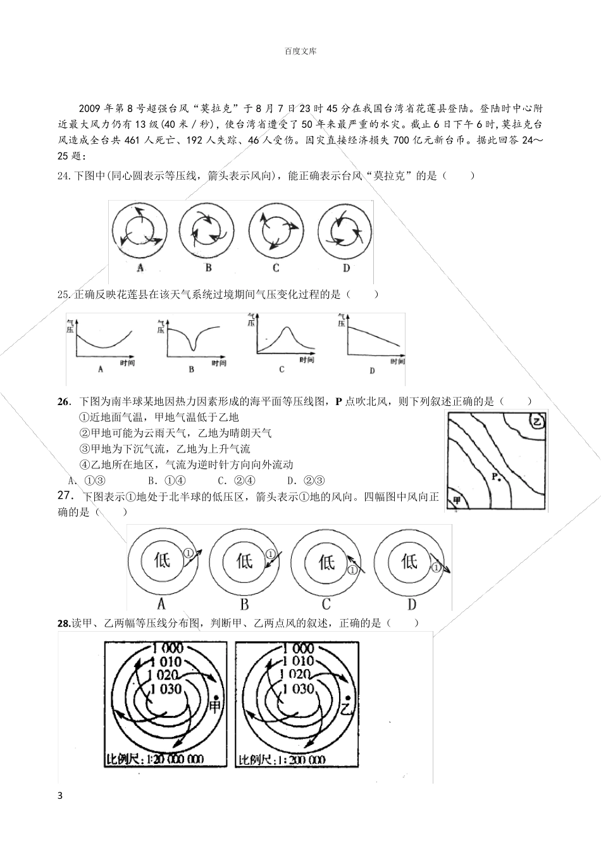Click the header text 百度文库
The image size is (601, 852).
(x=300, y=51)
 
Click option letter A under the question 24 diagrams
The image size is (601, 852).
(x=140, y=268)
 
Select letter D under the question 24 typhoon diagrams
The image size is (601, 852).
(x=346, y=268)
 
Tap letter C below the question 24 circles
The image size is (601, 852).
(x=276, y=268)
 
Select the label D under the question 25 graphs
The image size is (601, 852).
(x=372, y=370)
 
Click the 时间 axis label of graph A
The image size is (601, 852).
(x=127, y=363)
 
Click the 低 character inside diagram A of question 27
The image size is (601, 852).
(x=162, y=560)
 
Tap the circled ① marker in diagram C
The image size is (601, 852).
(x=353, y=570)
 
